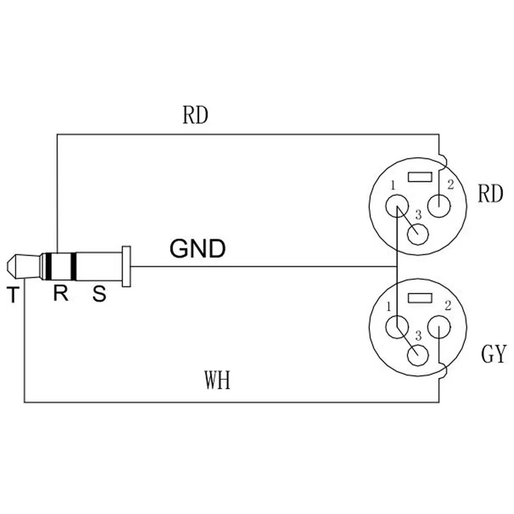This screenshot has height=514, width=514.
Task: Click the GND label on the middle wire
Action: click(x=198, y=248)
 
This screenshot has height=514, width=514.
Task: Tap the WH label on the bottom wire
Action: click(x=217, y=380)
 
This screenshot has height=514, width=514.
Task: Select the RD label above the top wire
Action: click(x=195, y=115)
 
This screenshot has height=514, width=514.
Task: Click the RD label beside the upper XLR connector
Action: click(x=490, y=194)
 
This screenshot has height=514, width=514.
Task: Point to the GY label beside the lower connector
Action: click(x=493, y=354)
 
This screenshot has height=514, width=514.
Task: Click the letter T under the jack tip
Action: click(x=13, y=294)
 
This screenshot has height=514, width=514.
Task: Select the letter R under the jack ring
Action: click(x=60, y=293)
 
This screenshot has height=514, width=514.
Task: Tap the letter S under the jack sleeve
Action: click(x=100, y=294)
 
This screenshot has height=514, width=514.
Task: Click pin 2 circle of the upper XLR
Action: click(x=439, y=206)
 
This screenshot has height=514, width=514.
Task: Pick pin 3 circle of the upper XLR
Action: click(x=418, y=234)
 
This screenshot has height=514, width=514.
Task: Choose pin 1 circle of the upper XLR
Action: click(x=397, y=206)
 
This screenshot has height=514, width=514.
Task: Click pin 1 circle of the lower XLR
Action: click(x=397, y=327)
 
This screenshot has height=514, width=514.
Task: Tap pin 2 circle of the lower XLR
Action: click(x=439, y=327)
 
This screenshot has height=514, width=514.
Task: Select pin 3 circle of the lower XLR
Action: click(x=418, y=355)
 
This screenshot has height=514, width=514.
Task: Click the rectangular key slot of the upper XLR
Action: click(x=420, y=177)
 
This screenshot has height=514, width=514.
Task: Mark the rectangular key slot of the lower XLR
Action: click(x=420, y=297)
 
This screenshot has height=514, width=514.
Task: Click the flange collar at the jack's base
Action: click(x=126, y=267)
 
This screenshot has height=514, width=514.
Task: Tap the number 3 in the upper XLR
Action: click(x=418, y=215)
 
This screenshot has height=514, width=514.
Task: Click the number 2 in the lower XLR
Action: click(x=448, y=306)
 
